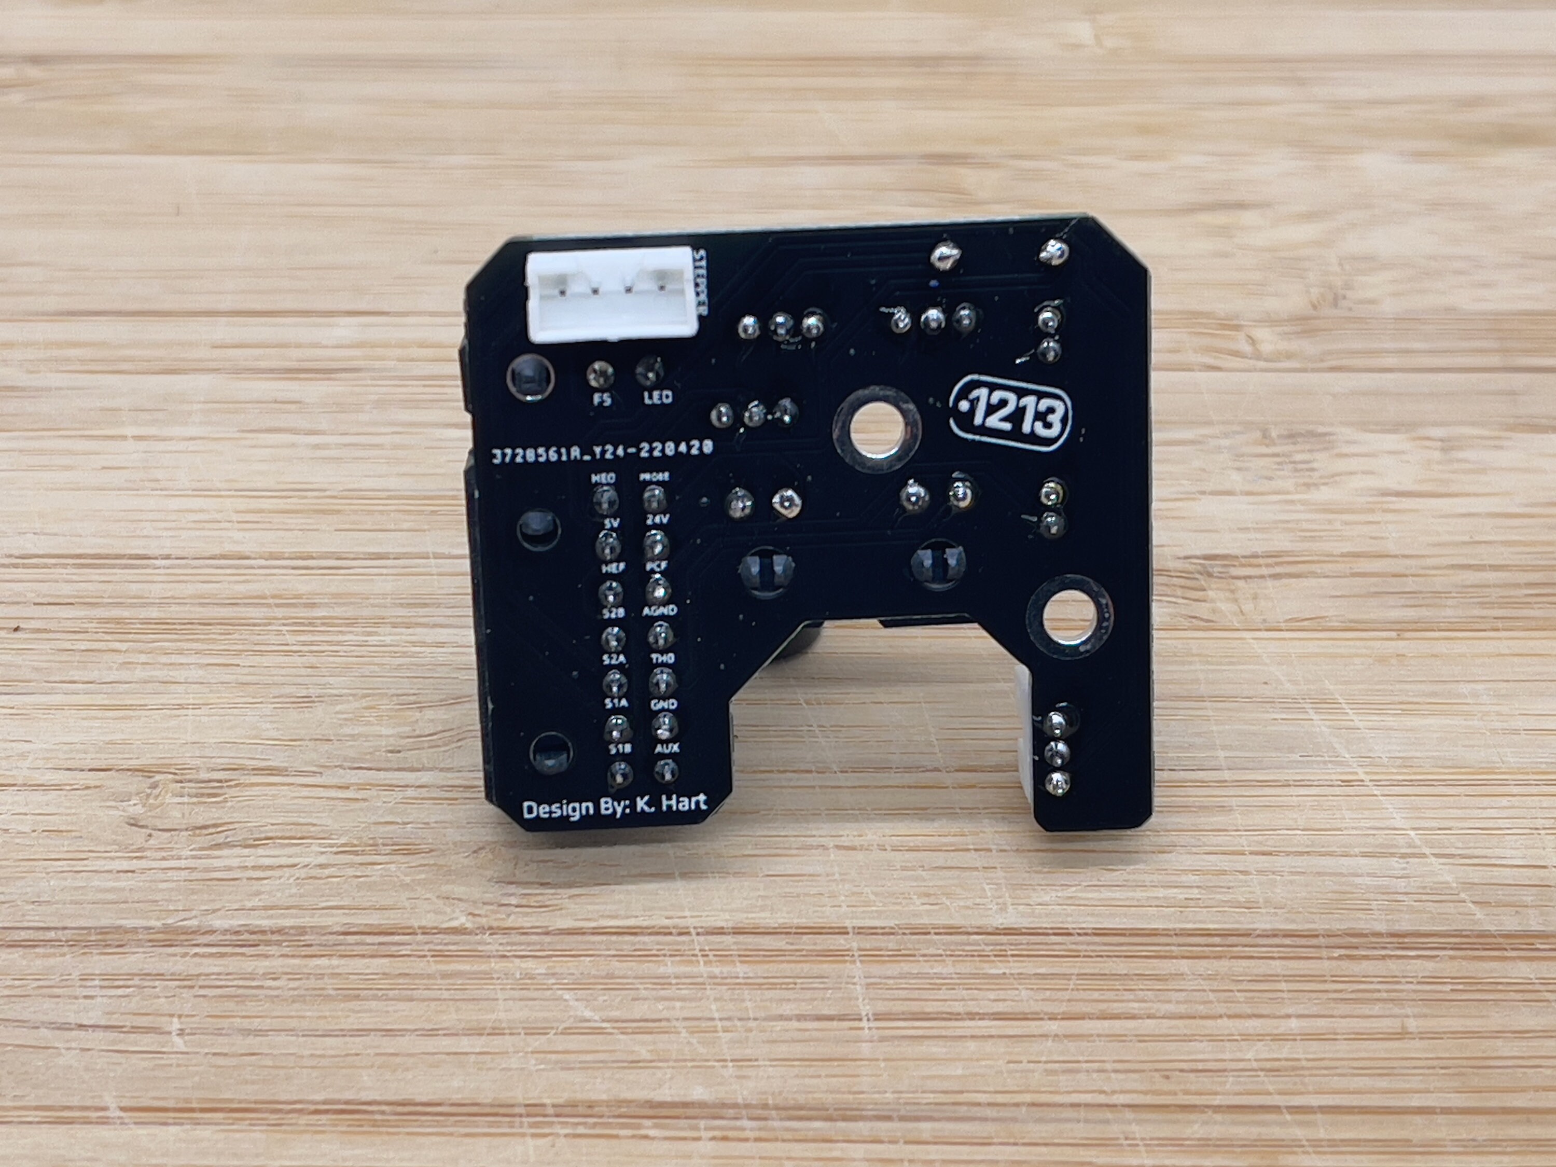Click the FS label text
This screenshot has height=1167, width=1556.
[602, 399]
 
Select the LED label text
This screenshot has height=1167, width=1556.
[658, 397]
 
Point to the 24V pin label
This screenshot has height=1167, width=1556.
[657, 519]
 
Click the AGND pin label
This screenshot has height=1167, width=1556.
[659, 610]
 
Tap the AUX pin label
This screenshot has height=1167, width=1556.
[665, 748]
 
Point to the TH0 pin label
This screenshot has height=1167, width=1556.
[662, 658]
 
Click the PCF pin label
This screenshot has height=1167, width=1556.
[656, 565]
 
